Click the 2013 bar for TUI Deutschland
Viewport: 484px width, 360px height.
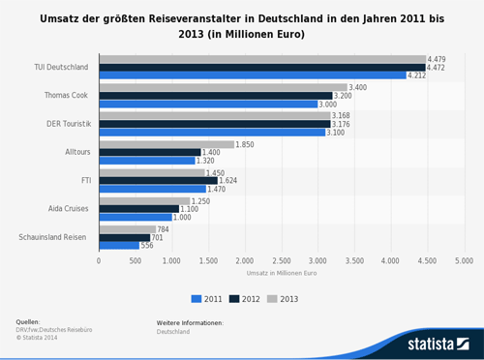(261, 59)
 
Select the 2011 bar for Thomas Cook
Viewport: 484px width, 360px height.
(208, 104)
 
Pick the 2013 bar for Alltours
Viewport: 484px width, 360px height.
(166, 144)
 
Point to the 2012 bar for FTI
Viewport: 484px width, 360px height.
(158, 180)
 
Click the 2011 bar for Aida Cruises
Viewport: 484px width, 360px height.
(135, 217)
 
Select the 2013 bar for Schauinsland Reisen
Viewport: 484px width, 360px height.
(127, 228)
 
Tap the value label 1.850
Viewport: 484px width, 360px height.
(245, 144)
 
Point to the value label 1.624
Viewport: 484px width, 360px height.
(229, 180)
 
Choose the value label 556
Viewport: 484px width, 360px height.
(147, 245)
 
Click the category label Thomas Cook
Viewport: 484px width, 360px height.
(67, 95)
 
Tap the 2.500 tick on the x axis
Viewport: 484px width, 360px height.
(281, 261)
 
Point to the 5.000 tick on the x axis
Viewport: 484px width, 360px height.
(464, 261)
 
